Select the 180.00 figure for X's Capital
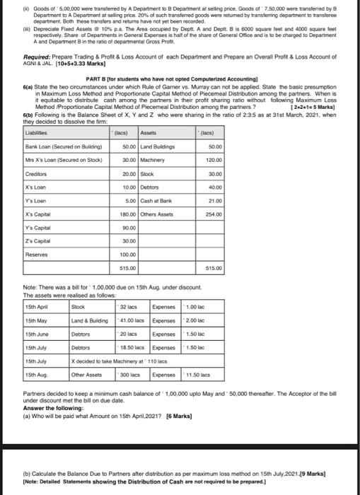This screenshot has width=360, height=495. coord(129,214)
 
